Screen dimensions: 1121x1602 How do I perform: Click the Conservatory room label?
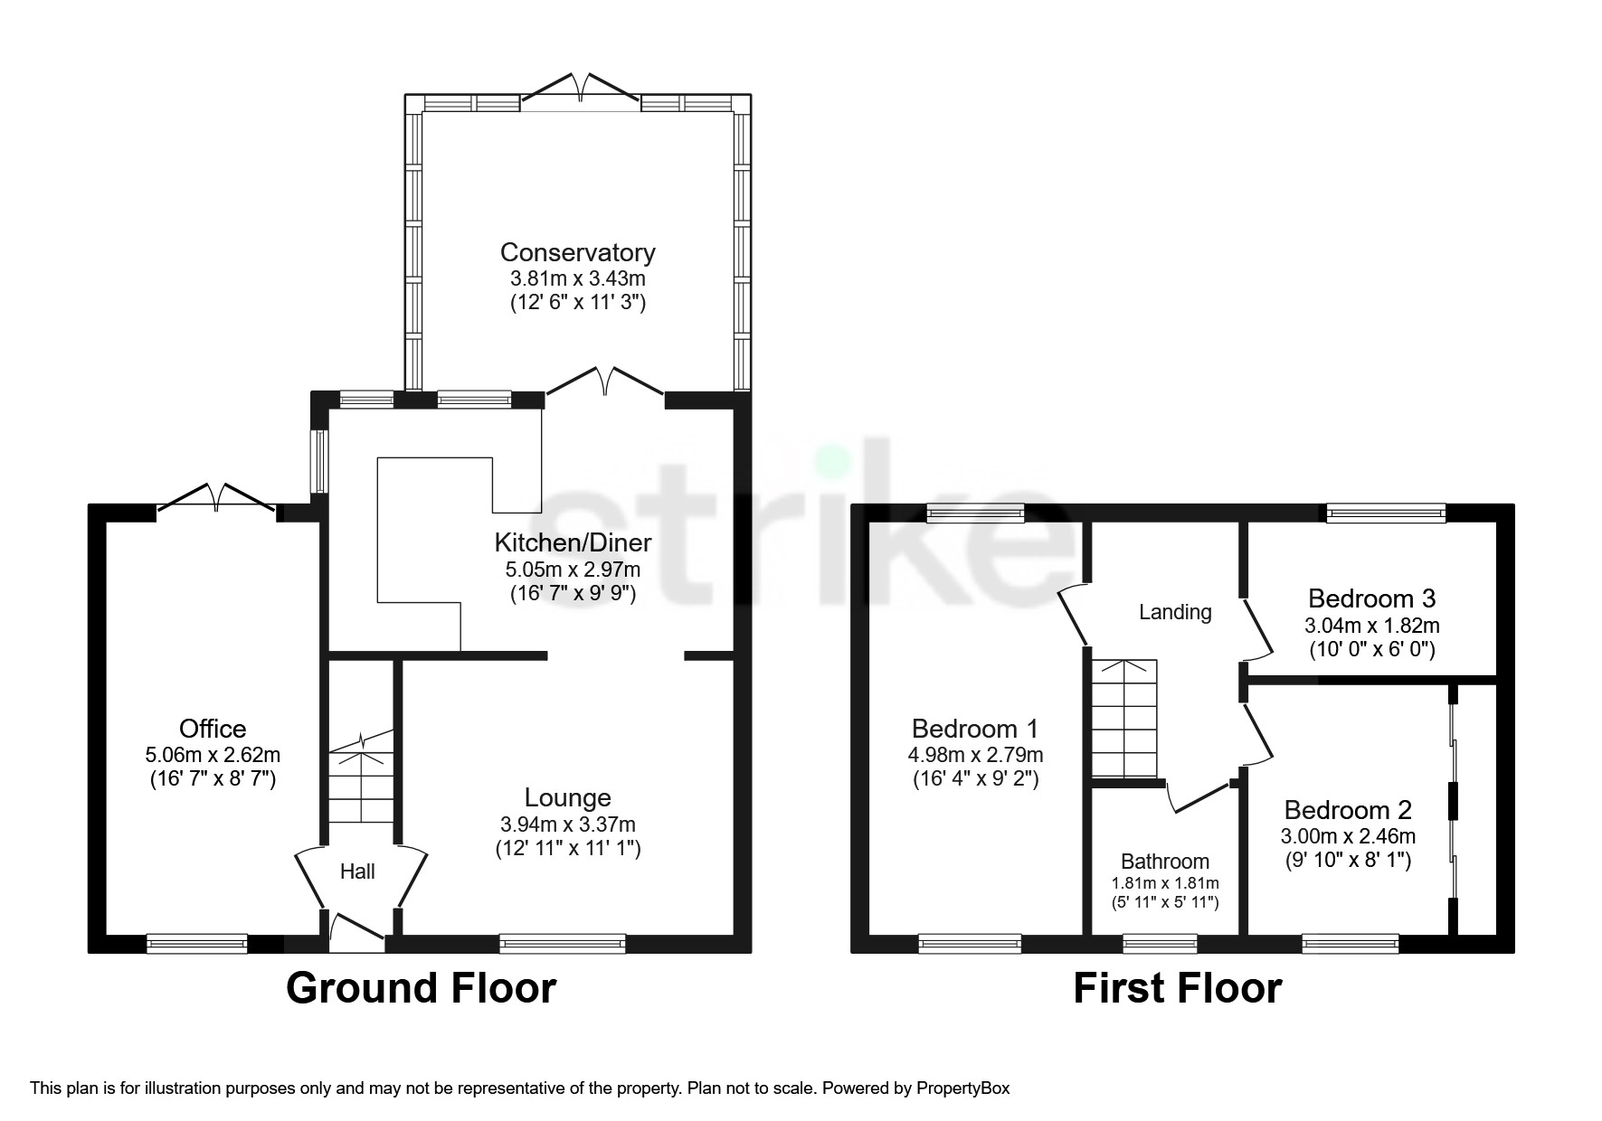[x=577, y=252]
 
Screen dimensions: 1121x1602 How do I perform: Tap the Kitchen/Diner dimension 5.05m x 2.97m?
[x=572, y=570]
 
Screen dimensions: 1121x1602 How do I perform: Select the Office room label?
[x=213, y=729]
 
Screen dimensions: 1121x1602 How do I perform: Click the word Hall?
[x=357, y=871]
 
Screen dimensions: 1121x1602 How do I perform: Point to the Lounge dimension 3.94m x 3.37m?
[x=567, y=824]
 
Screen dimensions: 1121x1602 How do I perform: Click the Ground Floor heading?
[x=421, y=988]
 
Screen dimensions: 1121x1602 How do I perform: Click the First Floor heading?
[x=1177, y=988]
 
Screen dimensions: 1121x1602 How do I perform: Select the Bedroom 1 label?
[x=974, y=729]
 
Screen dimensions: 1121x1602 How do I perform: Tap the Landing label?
[x=1174, y=613]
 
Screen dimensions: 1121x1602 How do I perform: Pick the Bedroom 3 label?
[x=1371, y=598]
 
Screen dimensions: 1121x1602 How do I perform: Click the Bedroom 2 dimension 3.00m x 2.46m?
[x=1348, y=837]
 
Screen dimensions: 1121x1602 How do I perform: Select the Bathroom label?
[x=1164, y=862]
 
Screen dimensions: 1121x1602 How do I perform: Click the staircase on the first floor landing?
[x=1123, y=719]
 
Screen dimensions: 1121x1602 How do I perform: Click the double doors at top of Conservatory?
[x=581, y=89]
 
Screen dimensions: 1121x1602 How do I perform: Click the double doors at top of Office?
[x=217, y=498]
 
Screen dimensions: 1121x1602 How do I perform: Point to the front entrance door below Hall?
[x=356, y=931]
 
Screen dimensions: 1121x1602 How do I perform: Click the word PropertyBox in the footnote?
[x=962, y=1088]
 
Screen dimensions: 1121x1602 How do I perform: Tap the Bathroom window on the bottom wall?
[x=1159, y=945]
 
